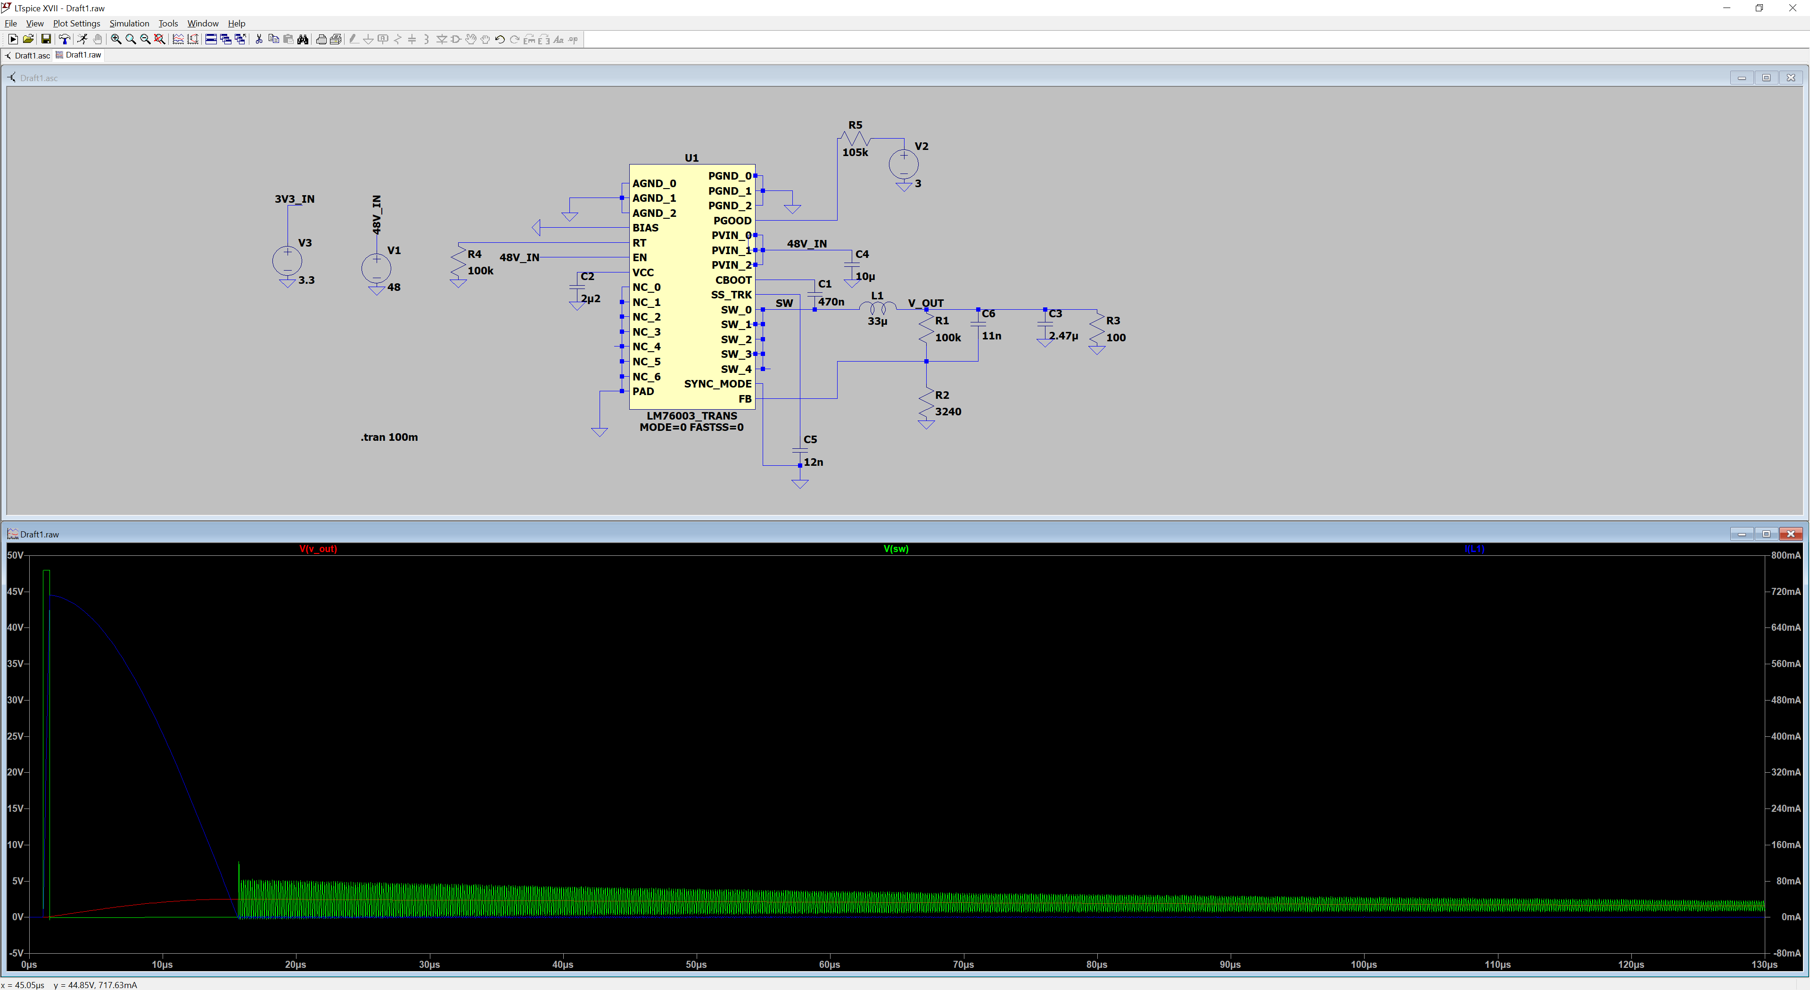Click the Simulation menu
(x=129, y=23)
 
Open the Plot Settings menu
(x=76, y=23)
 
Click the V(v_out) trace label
(x=318, y=549)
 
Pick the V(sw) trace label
(x=896, y=549)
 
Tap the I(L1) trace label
(x=1474, y=549)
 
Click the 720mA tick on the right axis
(x=1785, y=592)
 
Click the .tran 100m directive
(x=389, y=437)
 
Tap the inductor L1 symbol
(x=878, y=308)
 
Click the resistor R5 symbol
(x=855, y=139)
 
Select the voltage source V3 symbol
(x=288, y=261)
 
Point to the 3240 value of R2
(x=948, y=412)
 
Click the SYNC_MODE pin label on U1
(x=717, y=384)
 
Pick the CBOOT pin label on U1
(x=733, y=280)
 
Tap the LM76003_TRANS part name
(x=691, y=416)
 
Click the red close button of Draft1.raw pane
(x=1790, y=534)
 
